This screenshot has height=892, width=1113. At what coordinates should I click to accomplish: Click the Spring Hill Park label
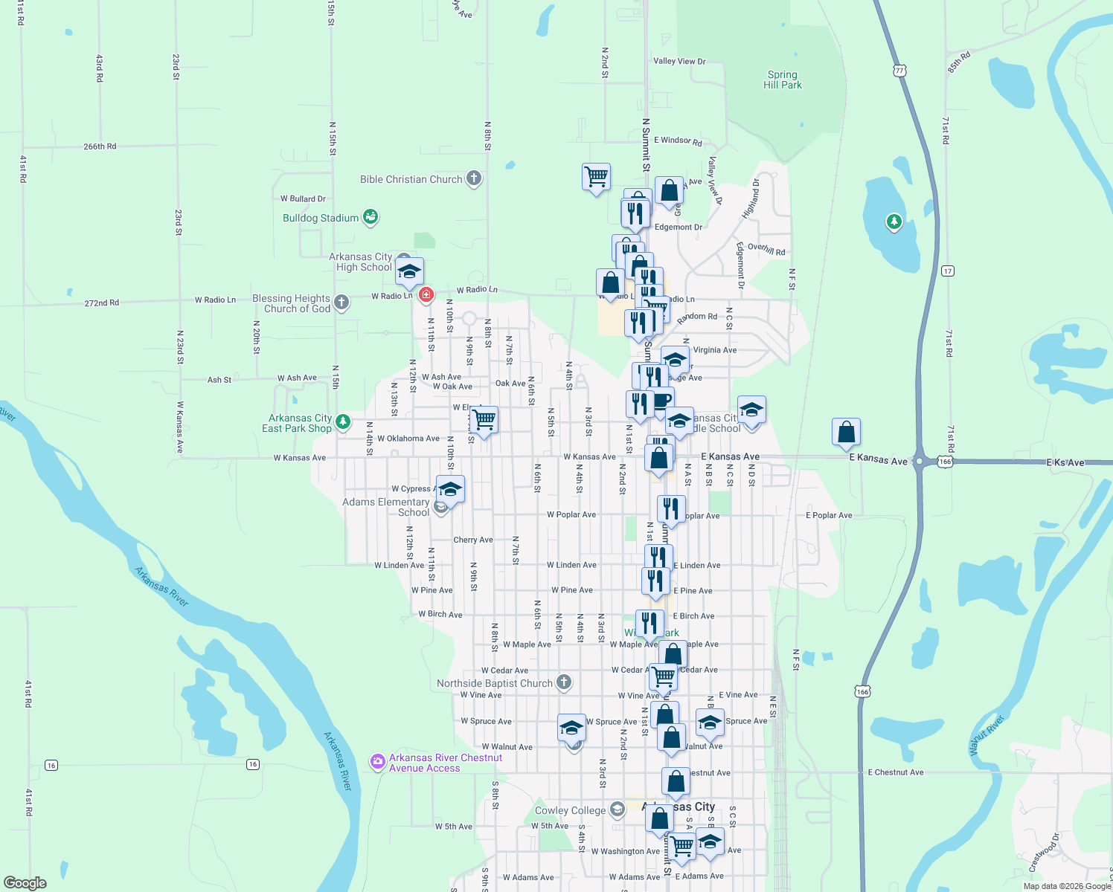pos(782,80)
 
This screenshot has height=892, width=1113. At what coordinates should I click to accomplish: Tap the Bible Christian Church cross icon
pos(474,178)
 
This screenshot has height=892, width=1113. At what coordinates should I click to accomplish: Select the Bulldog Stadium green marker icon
pos(371,217)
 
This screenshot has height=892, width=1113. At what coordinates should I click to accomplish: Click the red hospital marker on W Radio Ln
pos(426,294)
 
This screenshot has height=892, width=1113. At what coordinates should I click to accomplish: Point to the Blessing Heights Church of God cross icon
pos(341,302)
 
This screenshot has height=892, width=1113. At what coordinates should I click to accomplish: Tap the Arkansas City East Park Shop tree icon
pos(343,421)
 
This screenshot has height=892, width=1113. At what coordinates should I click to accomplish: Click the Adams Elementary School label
pos(385,507)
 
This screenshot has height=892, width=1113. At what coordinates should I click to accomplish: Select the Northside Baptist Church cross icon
pos(564,682)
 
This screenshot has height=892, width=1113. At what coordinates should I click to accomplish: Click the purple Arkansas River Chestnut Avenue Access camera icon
pos(378,762)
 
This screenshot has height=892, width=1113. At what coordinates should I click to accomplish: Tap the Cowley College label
pos(570,810)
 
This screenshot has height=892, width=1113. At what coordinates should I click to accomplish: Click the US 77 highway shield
pos(900,70)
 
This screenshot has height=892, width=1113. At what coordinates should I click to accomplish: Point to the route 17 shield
pos(948,271)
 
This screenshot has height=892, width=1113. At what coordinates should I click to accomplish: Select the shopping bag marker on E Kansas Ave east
pos(846,432)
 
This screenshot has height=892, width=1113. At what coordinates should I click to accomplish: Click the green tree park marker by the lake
pos(894,222)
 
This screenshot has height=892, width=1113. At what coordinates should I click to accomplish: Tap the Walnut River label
pos(987,736)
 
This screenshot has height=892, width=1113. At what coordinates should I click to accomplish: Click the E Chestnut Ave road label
pos(895,772)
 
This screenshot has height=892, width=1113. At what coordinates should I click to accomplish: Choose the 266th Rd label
pos(100,146)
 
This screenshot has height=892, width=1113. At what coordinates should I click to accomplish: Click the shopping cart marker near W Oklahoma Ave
pos(484,420)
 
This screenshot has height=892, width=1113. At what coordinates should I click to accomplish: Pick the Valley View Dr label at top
pos(679,61)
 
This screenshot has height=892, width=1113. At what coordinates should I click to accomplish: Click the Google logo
pos(25,883)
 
